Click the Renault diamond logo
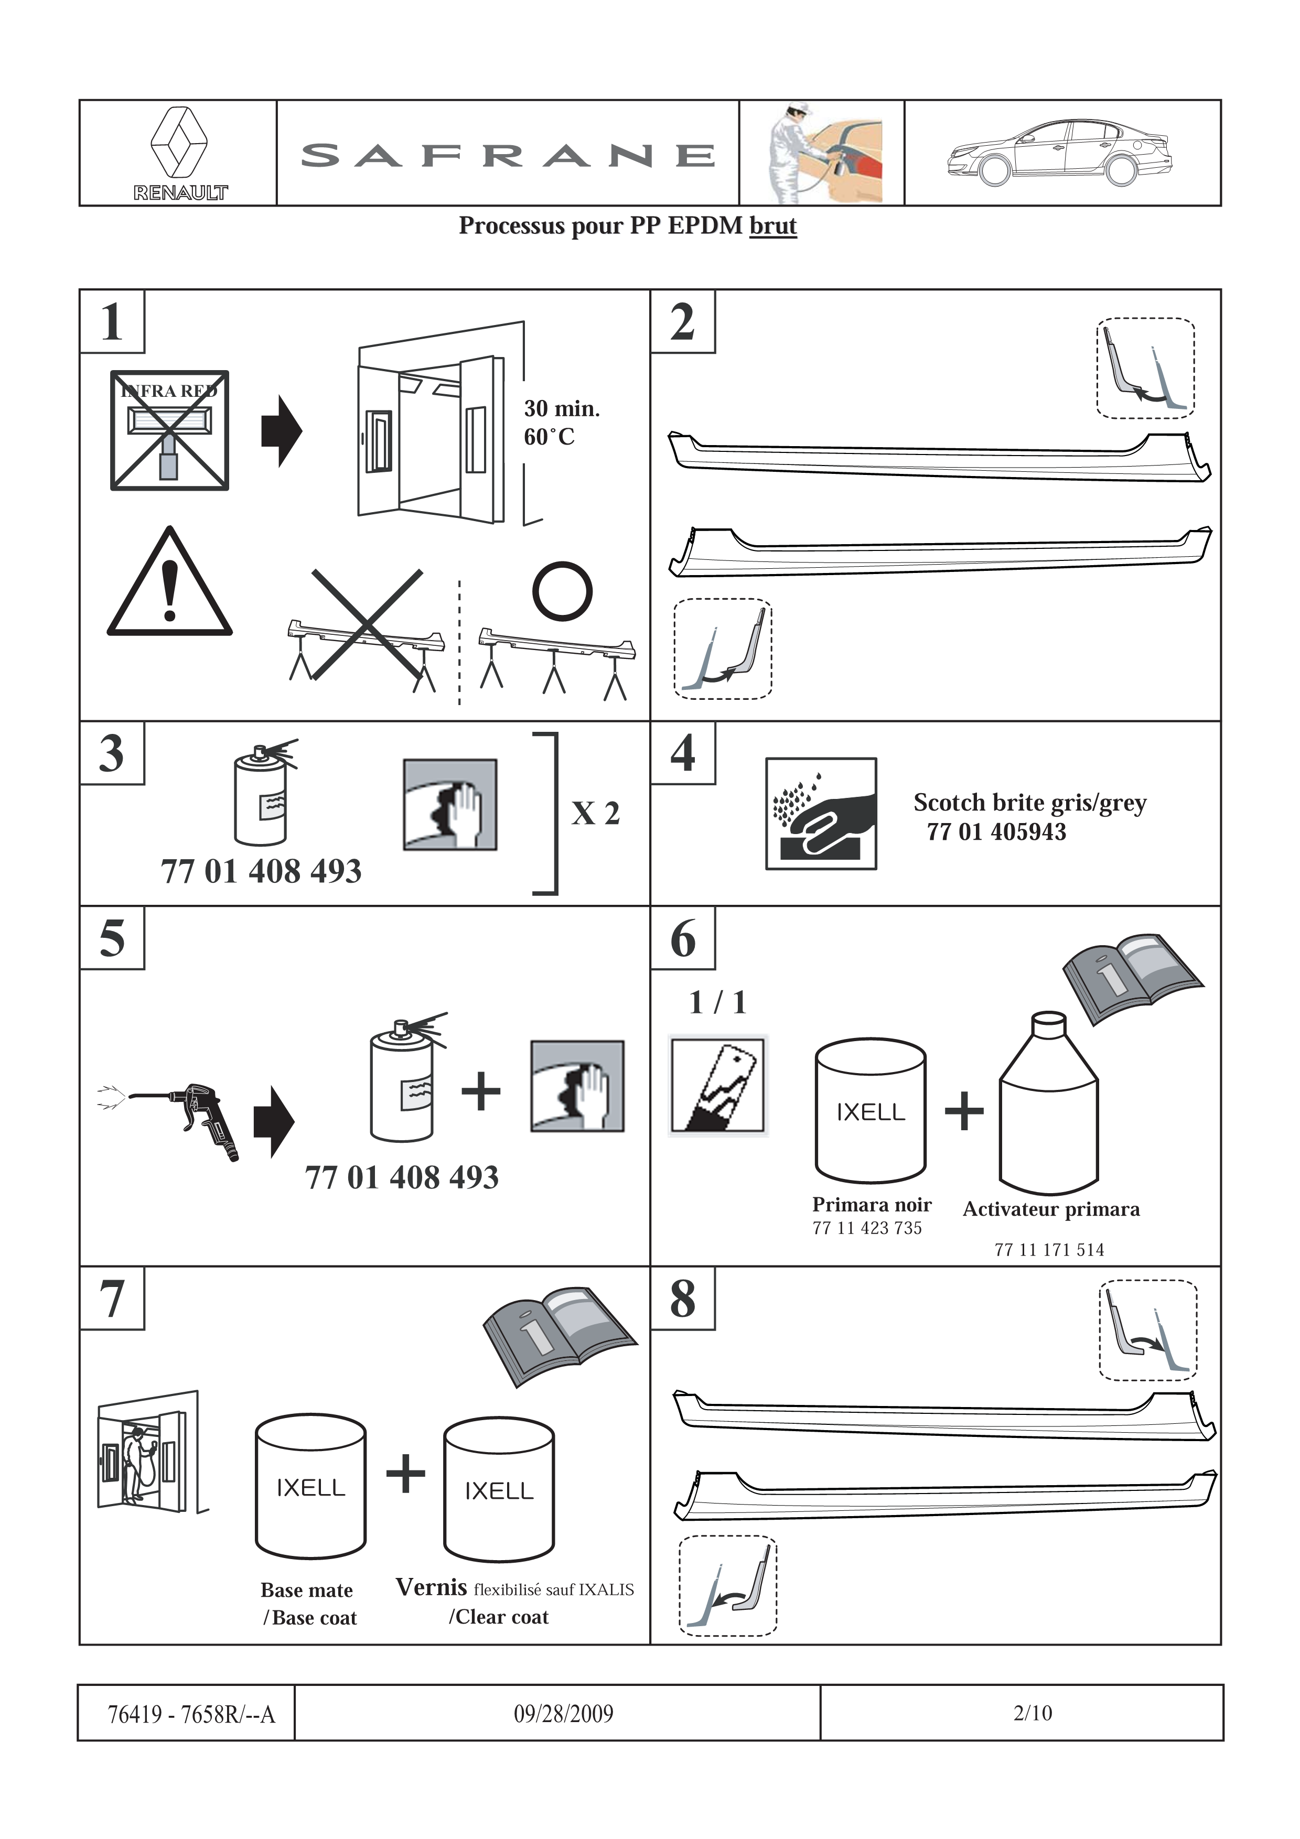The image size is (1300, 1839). click(x=179, y=143)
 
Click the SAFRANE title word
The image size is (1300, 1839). click(x=508, y=155)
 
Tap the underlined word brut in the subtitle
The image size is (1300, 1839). click(x=773, y=226)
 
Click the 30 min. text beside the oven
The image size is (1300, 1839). click(x=562, y=408)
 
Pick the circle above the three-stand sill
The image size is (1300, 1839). click(x=562, y=591)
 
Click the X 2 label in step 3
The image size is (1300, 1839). click(x=595, y=813)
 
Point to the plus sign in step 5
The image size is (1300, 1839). click(x=480, y=1091)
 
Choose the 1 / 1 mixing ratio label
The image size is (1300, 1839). click(x=718, y=1002)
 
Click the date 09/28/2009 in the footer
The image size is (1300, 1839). click(x=563, y=1713)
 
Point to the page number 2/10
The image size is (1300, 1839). click(x=1033, y=1713)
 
